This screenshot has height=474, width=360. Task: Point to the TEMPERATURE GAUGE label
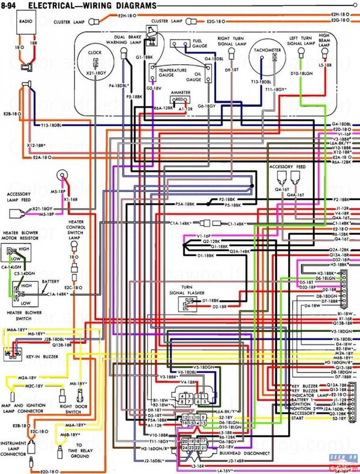tap(172, 73)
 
